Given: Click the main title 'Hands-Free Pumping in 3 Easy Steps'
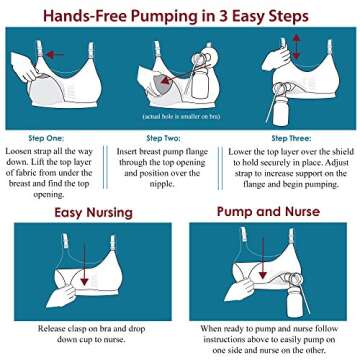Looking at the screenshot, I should click(180, 14).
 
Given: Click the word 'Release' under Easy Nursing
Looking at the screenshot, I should click(57, 327).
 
